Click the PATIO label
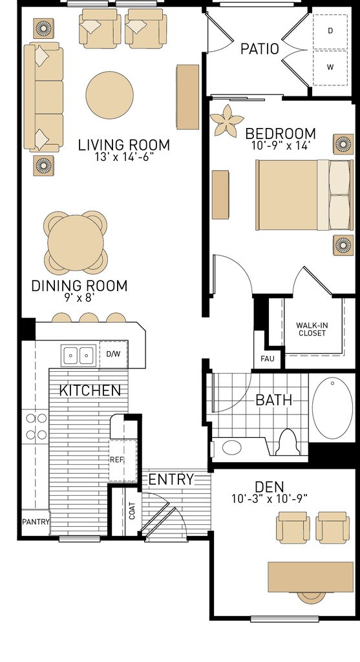click(x=260, y=49)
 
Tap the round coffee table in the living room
click(x=110, y=95)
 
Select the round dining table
click(x=76, y=243)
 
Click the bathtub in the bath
click(x=333, y=408)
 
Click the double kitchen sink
click(x=78, y=355)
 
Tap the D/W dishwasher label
click(x=113, y=354)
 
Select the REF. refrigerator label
click(x=116, y=460)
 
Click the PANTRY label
click(x=36, y=522)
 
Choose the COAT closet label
click(x=132, y=511)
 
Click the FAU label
click(x=267, y=359)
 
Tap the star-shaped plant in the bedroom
click(x=227, y=120)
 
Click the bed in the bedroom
click(x=304, y=195)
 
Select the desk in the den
click(x=311, y=577)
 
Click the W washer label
click(x=330, y=67)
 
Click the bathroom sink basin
click(x=231, y=447)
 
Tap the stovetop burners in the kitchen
click(x=36, y=426)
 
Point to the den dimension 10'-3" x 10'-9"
click(x=270, y=498)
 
